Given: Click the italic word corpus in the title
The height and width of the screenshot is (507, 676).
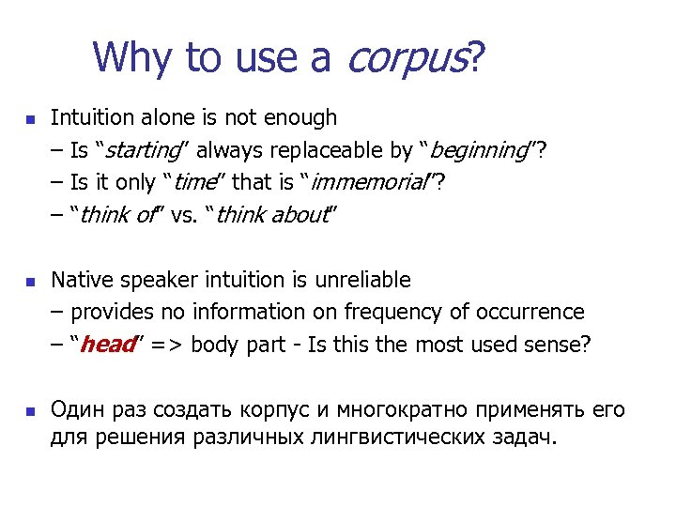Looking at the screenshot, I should (406, 58).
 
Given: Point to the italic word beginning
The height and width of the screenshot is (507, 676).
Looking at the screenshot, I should (479, 150).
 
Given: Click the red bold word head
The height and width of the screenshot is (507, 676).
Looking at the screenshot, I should (108, 345).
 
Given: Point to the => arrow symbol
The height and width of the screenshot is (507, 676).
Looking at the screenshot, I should (168, 345).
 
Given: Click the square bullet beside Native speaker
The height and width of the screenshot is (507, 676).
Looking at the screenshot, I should (28, 281).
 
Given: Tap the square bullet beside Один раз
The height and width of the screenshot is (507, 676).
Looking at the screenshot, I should (28, 411).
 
